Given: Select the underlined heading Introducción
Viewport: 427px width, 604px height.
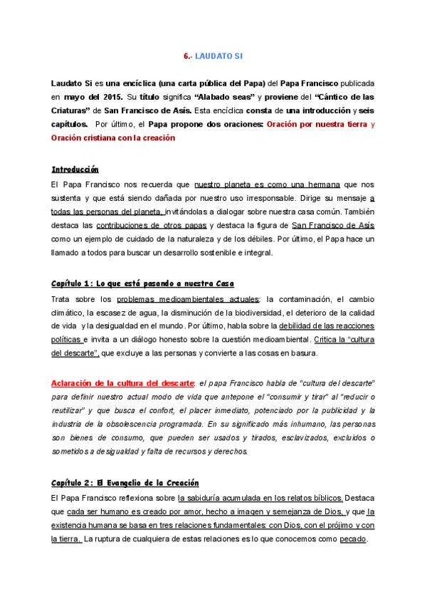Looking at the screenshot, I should click(x=75, y=170).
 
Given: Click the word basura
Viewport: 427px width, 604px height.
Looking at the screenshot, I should click(x=304, y=353).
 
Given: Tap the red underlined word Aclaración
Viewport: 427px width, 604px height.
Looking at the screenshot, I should click(x=75, y=382).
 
